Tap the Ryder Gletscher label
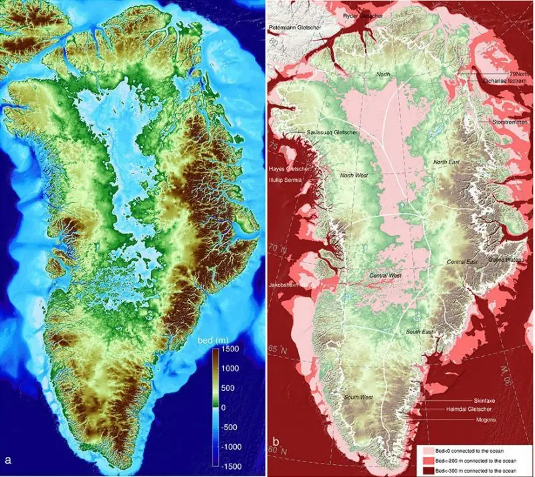(362, 15)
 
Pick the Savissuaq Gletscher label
(333, 133)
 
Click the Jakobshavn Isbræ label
(291, 284)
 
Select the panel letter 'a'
(8, 460)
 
